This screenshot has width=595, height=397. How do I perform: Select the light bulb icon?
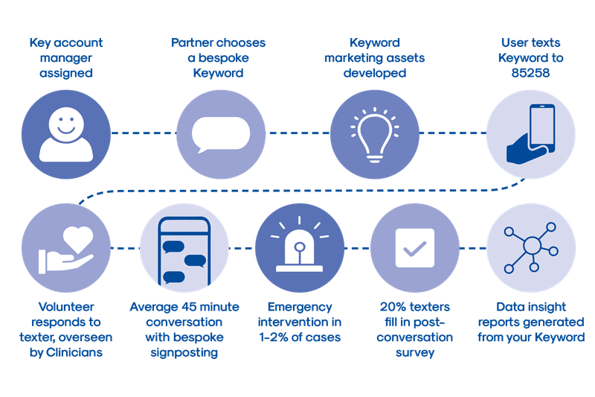point(374,133)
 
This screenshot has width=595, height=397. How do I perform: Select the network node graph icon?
point(532,247)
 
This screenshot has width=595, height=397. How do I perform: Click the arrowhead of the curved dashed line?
point(82,200)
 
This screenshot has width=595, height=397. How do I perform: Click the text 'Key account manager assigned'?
point(65,57)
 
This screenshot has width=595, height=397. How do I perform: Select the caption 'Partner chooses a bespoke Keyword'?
point(218,57)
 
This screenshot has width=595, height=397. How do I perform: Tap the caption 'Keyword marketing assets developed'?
point(374,57)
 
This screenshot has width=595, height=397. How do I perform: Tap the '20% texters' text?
point(414,306)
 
